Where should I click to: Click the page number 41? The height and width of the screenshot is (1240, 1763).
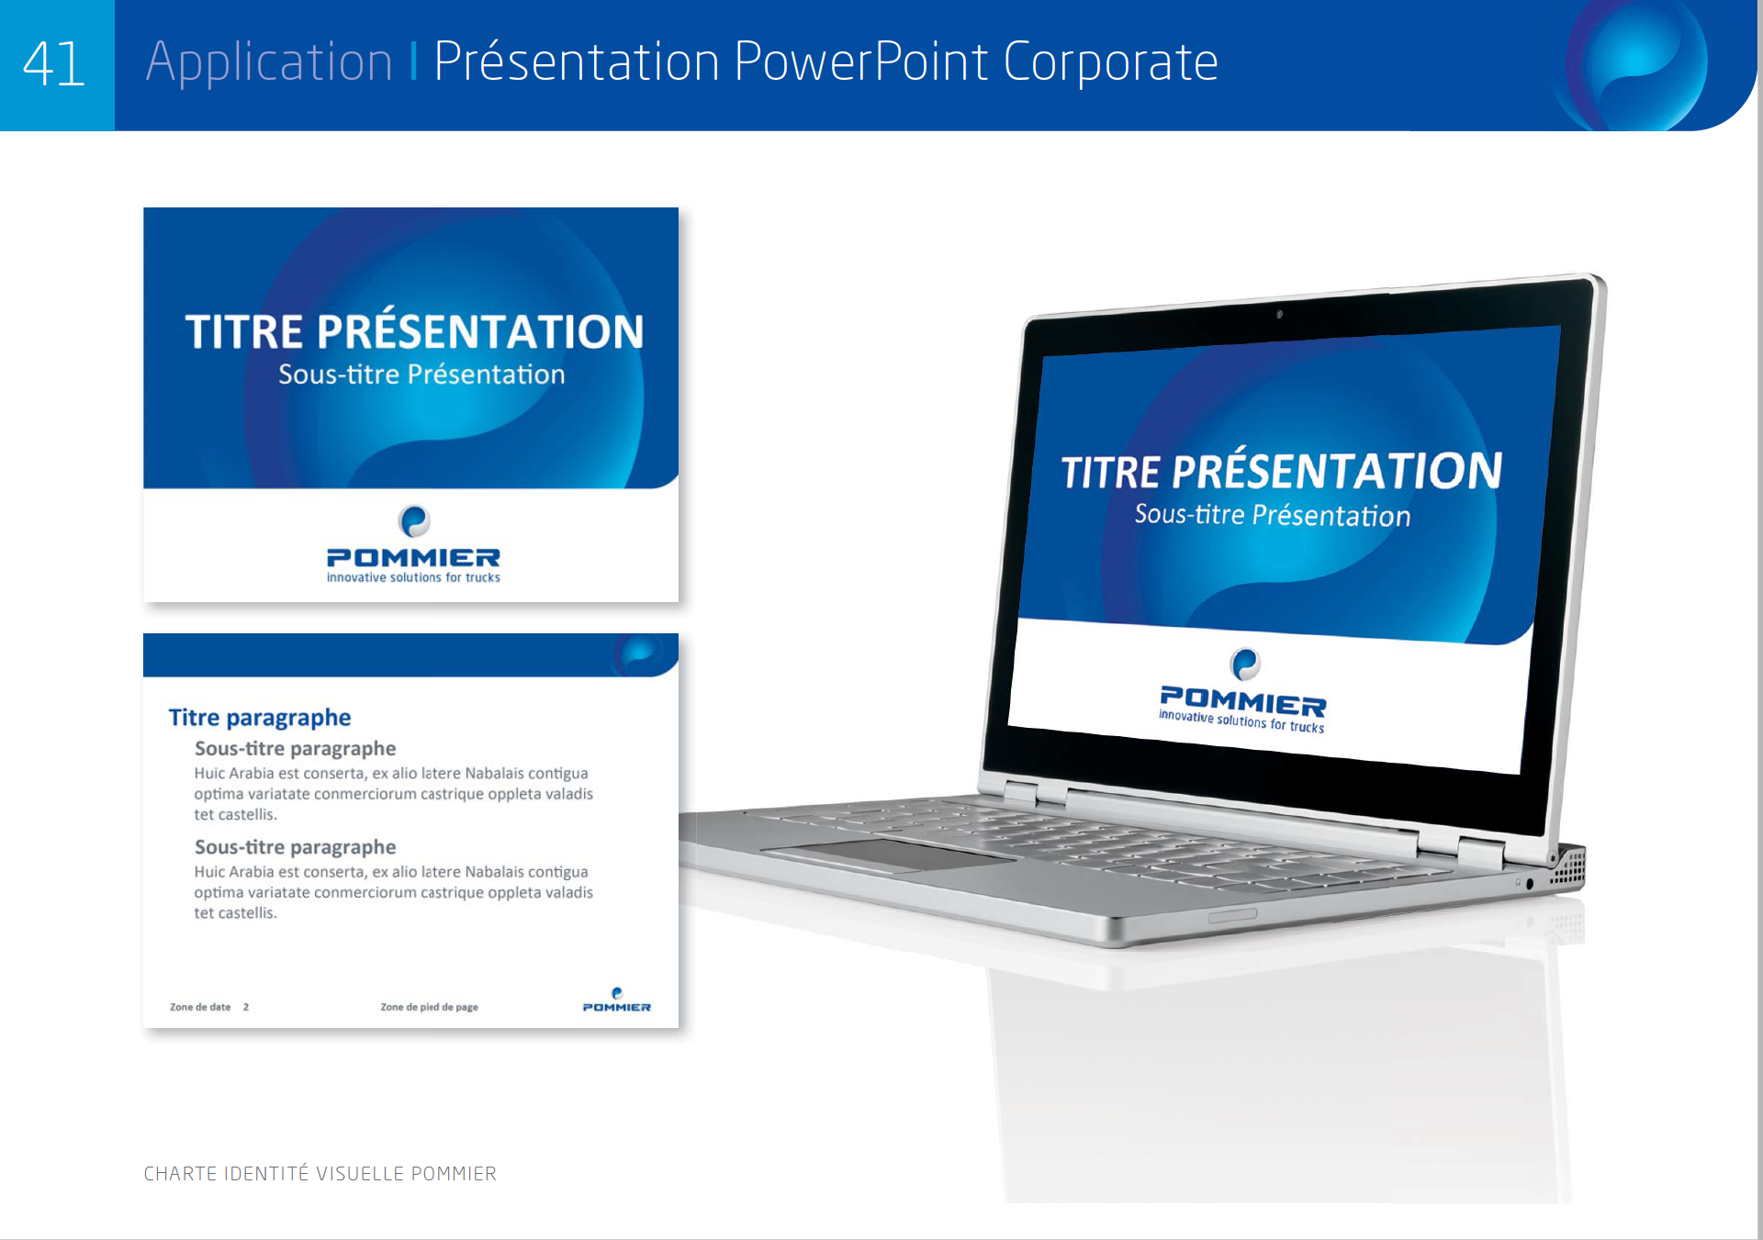54,64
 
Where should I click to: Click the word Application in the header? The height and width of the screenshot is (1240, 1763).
269,62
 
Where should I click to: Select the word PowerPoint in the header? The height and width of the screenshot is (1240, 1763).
860,61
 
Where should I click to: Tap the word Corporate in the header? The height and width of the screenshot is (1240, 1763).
1110,62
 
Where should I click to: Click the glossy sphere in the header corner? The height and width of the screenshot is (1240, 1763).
1639,62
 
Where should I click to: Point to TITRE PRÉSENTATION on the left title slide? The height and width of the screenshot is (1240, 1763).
414,330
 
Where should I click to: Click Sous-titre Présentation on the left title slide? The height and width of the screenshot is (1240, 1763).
421,374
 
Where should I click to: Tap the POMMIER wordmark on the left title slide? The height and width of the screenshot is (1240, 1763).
413,557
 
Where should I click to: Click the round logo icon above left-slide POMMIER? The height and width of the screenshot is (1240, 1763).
414,521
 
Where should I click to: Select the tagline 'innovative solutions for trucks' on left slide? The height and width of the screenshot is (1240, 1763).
413,577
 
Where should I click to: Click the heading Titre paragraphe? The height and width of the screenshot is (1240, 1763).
260,718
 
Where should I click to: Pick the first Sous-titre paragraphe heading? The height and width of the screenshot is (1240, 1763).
295,749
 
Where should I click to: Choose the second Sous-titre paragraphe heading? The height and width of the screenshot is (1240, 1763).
295,847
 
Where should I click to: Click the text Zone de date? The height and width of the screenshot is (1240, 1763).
200,1007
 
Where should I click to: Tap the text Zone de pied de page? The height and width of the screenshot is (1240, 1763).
429,1007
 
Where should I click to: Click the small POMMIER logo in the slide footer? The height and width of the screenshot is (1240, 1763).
617,1000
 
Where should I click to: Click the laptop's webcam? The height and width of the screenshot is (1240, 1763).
1279,314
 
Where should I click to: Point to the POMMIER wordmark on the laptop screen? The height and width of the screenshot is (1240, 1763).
1243,701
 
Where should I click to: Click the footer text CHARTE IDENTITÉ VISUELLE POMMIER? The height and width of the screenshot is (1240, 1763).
320,1173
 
